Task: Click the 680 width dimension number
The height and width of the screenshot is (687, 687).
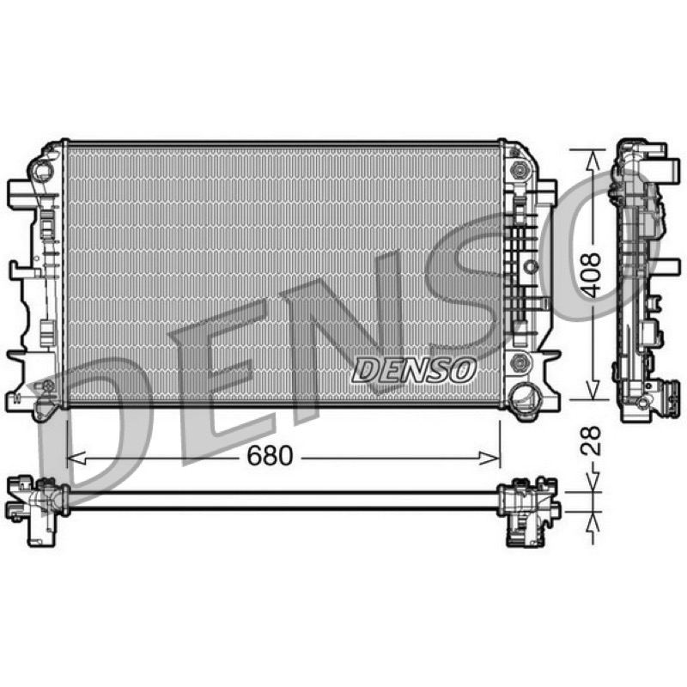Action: pyautogui.click(x=270, y=456)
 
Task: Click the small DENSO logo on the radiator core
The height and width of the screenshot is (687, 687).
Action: pyautogui.click(x=414, y=370)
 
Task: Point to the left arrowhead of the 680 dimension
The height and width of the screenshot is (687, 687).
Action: pyautogui.click(x=76, y=459)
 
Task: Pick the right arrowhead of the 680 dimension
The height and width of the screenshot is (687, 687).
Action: pyautogui.click(x=490, y=459)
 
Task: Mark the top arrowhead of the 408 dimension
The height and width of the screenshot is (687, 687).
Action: pyautogui.click(x=593, y=160)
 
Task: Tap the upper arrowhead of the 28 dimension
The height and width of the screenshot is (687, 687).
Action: pyautogui.click(x=593, y=482)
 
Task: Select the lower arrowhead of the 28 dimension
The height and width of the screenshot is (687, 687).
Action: pyautogui.click(x=593, y=521)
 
